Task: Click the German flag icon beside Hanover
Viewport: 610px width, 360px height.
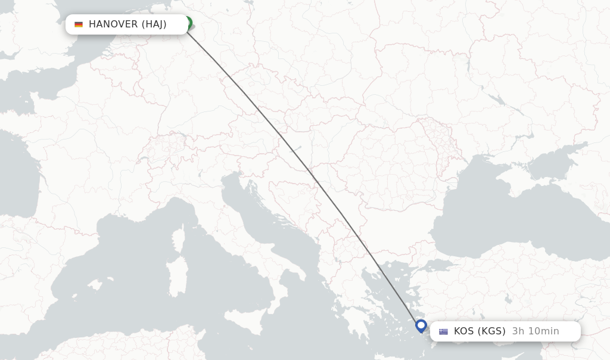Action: pyautogui.click(x=79, y=24)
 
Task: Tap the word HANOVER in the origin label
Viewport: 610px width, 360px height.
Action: pyautogui.click(x=113, y=24)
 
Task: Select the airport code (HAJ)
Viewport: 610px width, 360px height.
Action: pyautogui.click(x=154, y=24)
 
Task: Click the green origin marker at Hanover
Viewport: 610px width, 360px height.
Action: pyautogui.click(x=188, y=24)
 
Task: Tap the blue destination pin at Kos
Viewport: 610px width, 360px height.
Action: pyautogui.click(x=421, y=325)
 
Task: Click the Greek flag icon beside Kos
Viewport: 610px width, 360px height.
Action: pyautogui.click(x=443, y=331)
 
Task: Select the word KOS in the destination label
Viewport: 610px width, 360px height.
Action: pyautogui.click(x=463, y=331)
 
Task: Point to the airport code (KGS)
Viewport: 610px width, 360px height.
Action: pyautogui.click(x=491, y=331)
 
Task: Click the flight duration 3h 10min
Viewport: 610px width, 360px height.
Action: pyautogui.click(x=536, y=331)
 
